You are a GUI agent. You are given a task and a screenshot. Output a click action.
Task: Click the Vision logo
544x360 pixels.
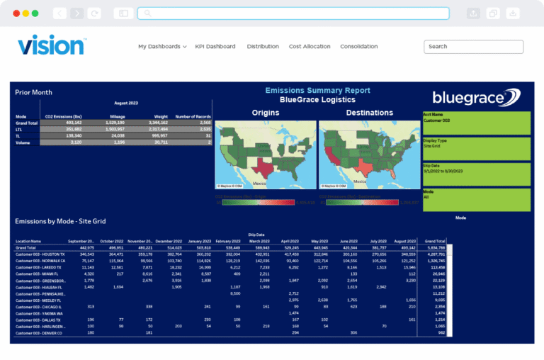[x=51, y=45]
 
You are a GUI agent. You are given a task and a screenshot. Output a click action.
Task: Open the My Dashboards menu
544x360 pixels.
[x=162, y=47]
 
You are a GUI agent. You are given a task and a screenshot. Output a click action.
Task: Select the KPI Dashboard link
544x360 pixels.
[x=215, y=47]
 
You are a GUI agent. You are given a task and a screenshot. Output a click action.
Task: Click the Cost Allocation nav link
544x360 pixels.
[x=310, y=47]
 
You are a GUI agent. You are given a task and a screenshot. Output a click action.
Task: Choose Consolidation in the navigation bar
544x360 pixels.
[x=358, y=47]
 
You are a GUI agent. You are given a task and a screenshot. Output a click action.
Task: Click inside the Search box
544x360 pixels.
[x=473, y=47]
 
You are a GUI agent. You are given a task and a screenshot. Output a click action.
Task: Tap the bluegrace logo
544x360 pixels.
[x=477, y=97]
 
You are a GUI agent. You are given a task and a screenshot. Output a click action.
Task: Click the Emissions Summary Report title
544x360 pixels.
[x=317, y=91]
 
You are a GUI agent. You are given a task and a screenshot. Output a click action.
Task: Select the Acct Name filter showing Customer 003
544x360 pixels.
[x=481, y=122]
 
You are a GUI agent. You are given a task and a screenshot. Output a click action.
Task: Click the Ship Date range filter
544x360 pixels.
[x=481, y=174]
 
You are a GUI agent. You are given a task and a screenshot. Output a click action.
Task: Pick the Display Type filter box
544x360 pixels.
[x=481, y=148]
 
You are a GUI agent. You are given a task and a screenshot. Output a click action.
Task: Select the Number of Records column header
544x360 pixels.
[x=193, y=116]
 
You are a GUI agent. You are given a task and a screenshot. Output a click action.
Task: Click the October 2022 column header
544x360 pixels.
[x=111, y=241]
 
